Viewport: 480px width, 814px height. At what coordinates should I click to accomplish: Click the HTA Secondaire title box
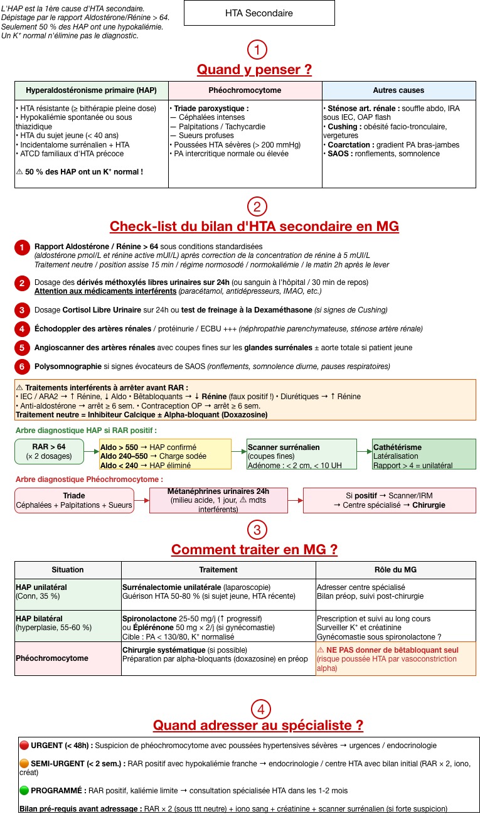click(x=259, y=13)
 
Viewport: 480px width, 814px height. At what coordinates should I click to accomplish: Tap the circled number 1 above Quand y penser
click(x=257, y=50)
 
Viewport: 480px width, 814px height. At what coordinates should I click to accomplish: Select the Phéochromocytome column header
click(x=245, y=90)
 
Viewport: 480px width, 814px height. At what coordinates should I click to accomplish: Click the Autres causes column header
click(x=398, y=90)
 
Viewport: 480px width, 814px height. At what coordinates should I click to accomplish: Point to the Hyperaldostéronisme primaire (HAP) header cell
click(x=92, y=90)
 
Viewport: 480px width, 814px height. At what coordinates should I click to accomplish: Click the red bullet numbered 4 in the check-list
click(x=22, y=329)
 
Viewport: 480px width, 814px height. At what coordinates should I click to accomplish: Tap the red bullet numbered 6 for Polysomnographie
click(x=22, y=367)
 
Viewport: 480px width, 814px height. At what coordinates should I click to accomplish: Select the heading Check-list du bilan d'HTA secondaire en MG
click(x=254, y=227)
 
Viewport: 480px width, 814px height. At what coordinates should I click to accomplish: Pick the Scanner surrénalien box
click(x=293, y=452)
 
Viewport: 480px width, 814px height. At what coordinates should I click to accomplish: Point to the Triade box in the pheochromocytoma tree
click(x=74, y=500)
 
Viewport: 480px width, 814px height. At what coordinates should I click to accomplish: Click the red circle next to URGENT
click(x=24, y=745)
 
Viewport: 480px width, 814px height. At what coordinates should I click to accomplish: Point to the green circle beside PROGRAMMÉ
click(x=24, y=790)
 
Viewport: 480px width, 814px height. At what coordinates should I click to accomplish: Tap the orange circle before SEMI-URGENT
click(x=24, y=764)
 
